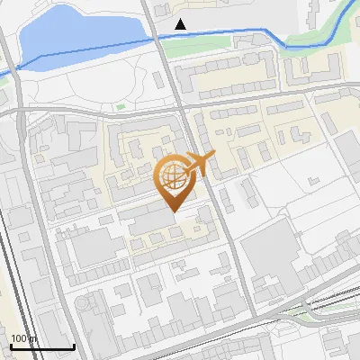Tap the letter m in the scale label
pos(34,338)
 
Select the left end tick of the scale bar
pos(11,345)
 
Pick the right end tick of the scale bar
pos(74,345)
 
